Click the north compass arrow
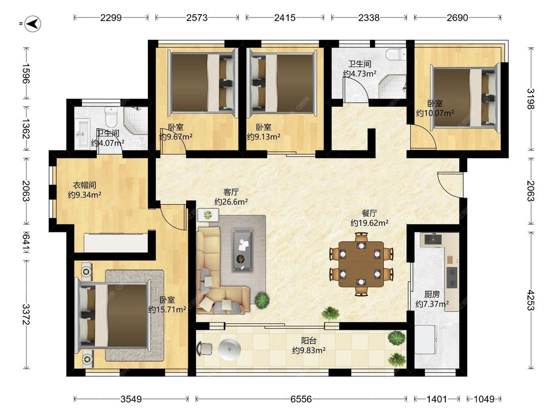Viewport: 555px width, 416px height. click(34, 24)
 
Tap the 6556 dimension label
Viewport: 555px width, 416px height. click(301, 399)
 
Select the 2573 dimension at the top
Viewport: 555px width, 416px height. click(197, 17)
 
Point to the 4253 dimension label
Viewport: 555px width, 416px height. click(530, 300)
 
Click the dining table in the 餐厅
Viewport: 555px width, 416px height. click(361, 264)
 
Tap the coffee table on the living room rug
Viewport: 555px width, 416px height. click(242, 250)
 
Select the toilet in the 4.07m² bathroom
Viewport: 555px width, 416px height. click(111, 117)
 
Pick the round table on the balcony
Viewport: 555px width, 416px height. click(229, 349)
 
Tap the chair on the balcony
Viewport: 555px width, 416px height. click(204, 348)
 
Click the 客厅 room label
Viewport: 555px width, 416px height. click(231, 192)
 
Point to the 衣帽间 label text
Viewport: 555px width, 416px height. click(84, 185)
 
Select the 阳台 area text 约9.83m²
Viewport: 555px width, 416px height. click(309, 350)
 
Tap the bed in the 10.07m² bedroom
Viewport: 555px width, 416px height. click(465, 97)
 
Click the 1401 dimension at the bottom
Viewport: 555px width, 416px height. click(437, 399)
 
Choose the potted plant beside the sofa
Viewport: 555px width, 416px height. click(261, 300)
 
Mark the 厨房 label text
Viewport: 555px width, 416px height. click(432, 294)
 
